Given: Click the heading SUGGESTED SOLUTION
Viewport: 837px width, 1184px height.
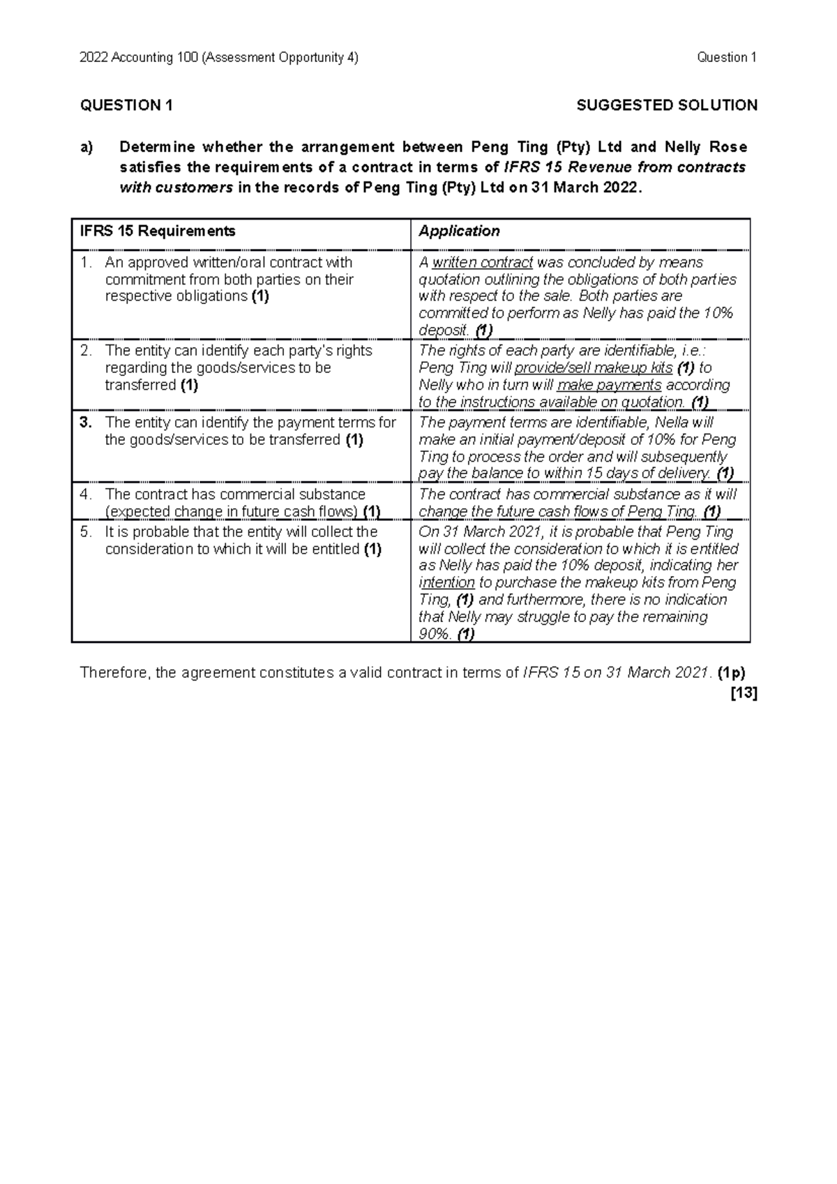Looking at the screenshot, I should click(667, 105).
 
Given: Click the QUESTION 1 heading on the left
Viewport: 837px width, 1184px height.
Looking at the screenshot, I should click(126, 105).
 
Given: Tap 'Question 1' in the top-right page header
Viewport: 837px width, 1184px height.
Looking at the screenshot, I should click(726, 58).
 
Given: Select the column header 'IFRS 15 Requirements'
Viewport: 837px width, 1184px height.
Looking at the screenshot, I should click(158, 232).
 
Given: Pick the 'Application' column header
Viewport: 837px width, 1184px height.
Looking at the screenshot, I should click(459, 232).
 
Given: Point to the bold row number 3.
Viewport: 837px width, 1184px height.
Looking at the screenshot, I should click(85, 423).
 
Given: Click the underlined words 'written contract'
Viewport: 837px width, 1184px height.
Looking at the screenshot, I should click(483, 263).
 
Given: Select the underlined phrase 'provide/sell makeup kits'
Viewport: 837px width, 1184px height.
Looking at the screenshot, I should click(593, 368).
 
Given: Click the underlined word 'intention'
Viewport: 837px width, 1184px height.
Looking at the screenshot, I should click(446, 583).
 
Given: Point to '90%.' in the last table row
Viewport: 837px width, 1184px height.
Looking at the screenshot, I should click(435, 635).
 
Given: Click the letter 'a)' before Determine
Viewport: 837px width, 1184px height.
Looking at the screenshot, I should click(86, 147).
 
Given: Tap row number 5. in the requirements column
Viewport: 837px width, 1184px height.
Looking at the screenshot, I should click(86, 532).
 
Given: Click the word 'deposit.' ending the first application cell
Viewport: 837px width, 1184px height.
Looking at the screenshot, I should click(443, 331).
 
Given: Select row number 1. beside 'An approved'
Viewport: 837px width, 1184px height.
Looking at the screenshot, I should click(86, 263).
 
